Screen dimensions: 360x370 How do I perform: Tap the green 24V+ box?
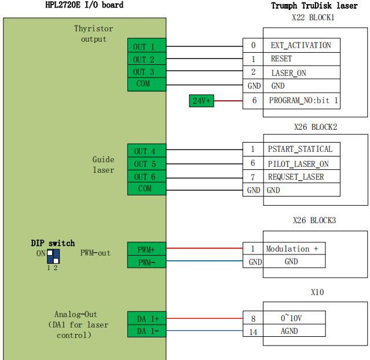pyautogui.click(x=202, y=100)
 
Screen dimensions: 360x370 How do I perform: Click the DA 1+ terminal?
pyautogui.click(x=146, y=319)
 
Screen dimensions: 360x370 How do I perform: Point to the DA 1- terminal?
pyautogui.click(x=146, y=332)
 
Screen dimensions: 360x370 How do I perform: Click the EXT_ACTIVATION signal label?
pyautogui.click(x=301, y=45)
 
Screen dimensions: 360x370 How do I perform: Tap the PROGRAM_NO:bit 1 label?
pyautogui.click(x=303, y=100)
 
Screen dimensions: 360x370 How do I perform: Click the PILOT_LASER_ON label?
pyautogui.click(x=298, y=164)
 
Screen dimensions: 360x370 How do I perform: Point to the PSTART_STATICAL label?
pyautogui.click(x=300, y=150)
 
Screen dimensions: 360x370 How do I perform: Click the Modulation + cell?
pyautogui.click(x=292, y=249)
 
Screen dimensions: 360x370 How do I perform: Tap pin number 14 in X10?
pyautogui.click(x=253, y=332)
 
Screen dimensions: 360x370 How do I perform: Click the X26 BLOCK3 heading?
pyautogui.click(x=314, y=221)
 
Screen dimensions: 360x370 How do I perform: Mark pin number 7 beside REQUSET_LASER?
pyautogui.click(x=253, y=177)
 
